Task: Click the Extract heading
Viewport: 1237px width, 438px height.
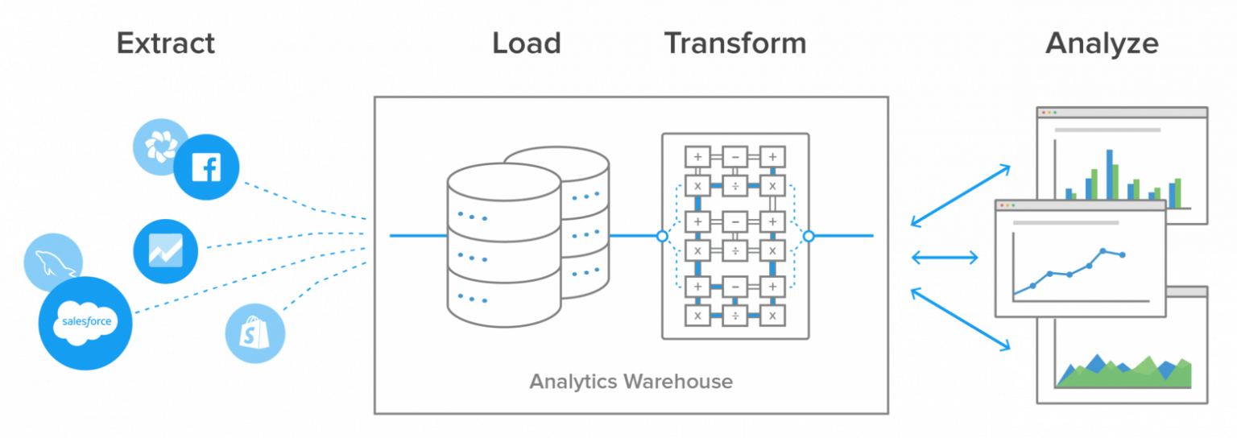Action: point(166,43)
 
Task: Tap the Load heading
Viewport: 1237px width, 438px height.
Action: point(527,43)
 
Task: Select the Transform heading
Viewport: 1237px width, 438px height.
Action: point(734,43)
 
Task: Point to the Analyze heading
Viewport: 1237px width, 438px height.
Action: point(1102,43)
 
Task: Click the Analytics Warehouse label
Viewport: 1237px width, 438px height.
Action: point(631,381)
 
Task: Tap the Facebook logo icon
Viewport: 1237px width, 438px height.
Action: point(207,167)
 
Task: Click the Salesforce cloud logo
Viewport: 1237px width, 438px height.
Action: point(85,323)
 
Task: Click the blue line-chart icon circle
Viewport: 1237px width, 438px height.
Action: point(166,250)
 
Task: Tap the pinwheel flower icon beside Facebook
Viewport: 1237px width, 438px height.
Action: point(160,146)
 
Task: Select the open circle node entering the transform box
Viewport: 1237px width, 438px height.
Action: point(662,236)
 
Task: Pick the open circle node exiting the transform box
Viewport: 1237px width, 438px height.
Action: point(809,236)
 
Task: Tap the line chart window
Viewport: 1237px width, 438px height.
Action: point(1079,258)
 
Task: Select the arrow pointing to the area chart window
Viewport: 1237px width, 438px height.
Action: point(960,319)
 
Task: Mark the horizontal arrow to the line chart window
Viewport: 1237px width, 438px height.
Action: point(944,258)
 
